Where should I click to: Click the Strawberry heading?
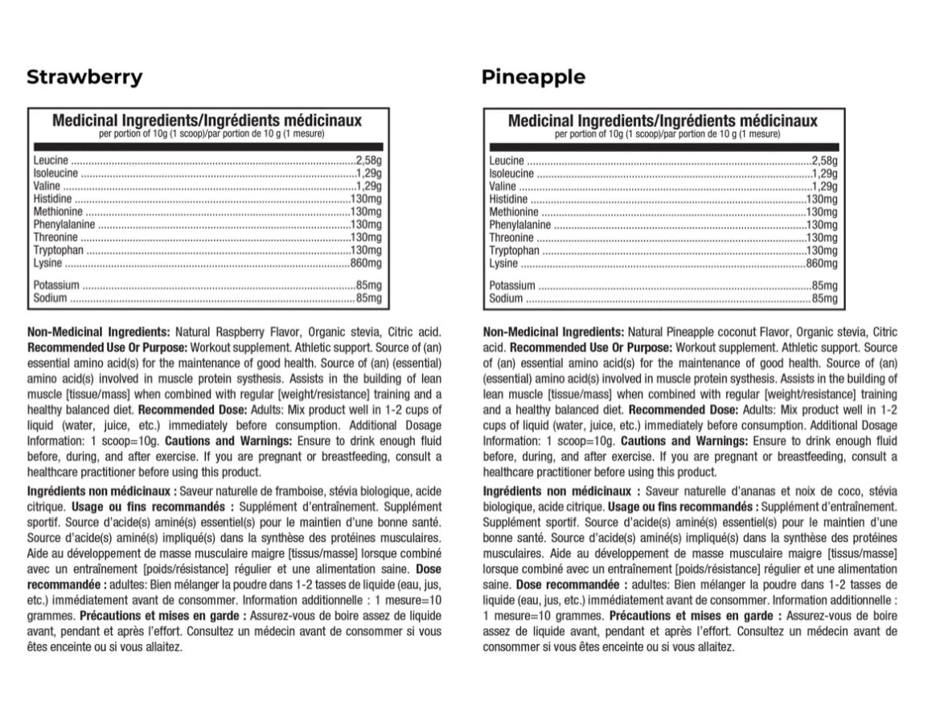click(84, 77)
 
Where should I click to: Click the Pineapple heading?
click(533, 77)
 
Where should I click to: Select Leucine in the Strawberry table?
click(51, 160)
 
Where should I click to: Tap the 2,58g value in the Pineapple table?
click(824, 160)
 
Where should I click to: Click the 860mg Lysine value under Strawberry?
click(366, 263)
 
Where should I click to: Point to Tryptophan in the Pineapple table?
click(514, 250)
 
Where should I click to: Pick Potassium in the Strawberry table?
click(56, 285)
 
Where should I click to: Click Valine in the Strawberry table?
click(47, 186)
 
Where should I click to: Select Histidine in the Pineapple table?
click(508, 199)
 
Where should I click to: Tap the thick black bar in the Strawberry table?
click(208, 146)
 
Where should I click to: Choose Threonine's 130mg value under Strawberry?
click(366, 237)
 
